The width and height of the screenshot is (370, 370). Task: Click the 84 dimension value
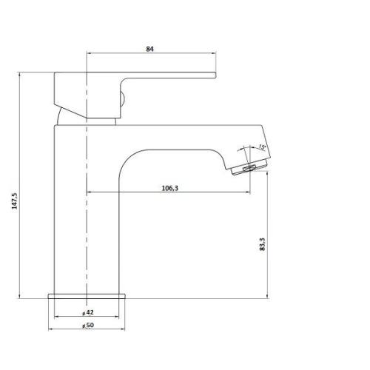pos(149,49)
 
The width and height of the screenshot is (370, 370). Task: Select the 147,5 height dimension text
pos(15,201)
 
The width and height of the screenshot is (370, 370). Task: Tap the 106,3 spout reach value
pos(169,188)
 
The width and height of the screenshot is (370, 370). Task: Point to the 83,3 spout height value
pos(262,244)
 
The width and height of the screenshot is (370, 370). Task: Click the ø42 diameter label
pos(88,312)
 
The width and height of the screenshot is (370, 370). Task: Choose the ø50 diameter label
pos(88,326)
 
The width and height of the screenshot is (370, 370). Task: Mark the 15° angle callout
pos(262,147)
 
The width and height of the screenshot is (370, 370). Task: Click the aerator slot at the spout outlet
pos(249,169)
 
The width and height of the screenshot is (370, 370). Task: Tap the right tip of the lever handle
pos(216,75)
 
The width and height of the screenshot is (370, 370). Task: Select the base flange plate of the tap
pos(87,296)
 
